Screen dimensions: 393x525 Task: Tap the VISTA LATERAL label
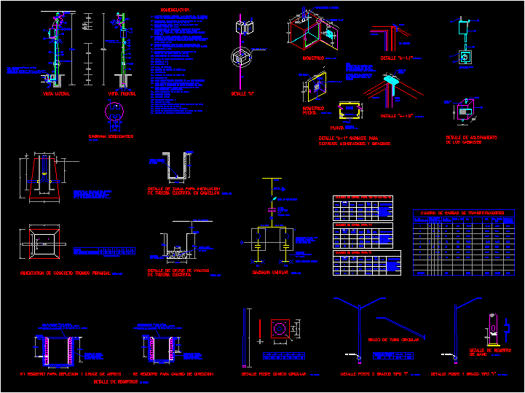(56, 94)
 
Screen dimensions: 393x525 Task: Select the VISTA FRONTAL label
(123, 94)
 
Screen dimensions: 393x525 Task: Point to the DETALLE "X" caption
(243, 94)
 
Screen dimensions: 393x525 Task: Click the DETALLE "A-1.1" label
(397, 58)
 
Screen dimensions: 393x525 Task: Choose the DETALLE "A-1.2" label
(397, 116)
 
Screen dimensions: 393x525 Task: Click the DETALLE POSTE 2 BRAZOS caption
(374, 374)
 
